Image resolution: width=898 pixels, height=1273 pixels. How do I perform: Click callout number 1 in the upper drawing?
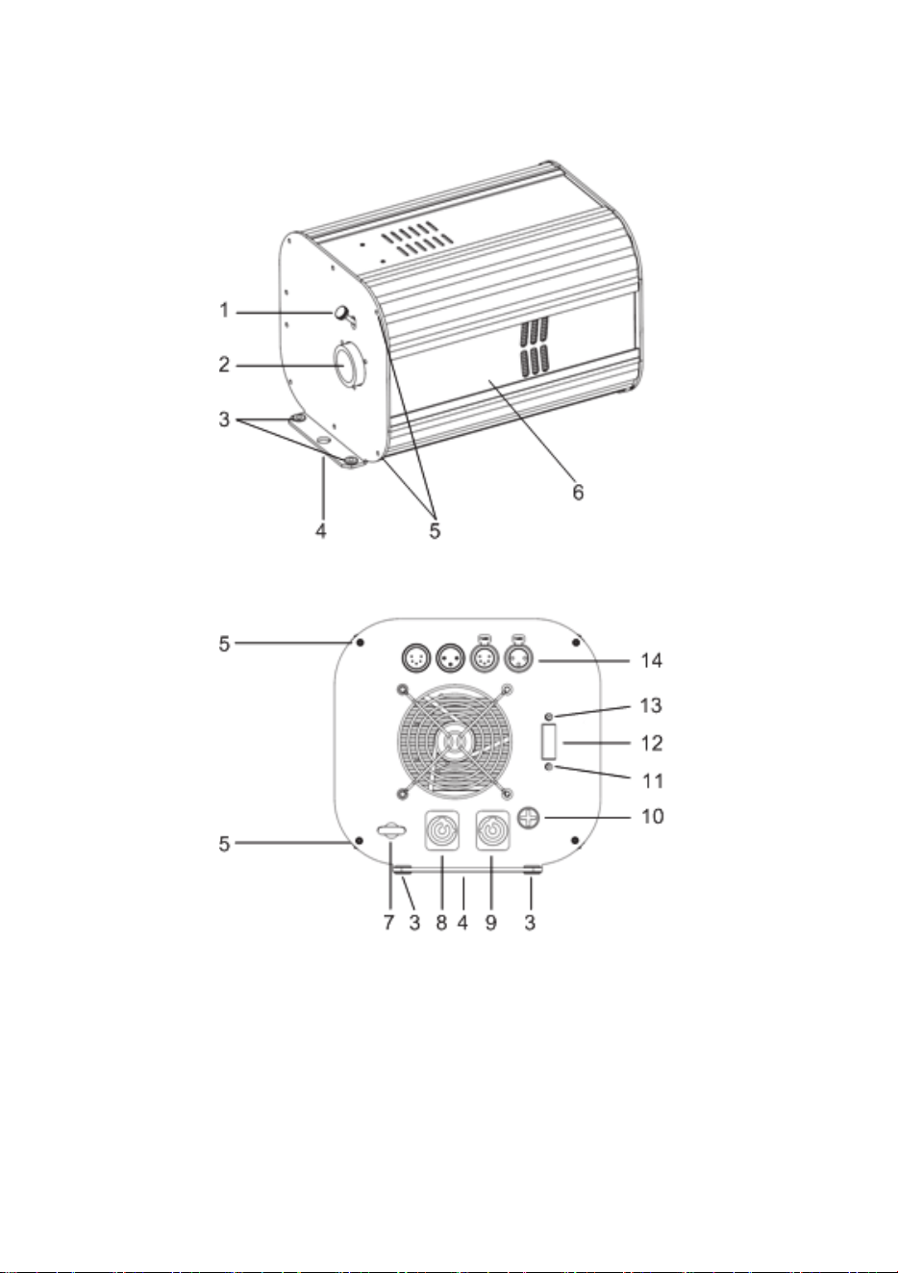224,311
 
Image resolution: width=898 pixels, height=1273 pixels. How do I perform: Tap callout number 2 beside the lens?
224,365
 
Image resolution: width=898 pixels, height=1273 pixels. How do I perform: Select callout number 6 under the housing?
578,492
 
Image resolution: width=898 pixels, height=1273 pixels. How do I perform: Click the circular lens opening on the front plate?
346,365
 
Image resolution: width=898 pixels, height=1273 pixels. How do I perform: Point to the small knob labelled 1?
342,312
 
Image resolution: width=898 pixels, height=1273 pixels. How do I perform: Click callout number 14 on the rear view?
652,660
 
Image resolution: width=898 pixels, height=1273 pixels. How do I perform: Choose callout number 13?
651,705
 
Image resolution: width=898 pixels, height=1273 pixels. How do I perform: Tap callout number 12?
652,743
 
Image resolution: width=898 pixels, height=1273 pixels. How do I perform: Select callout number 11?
653,781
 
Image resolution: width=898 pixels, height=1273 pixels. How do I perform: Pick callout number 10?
653,817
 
